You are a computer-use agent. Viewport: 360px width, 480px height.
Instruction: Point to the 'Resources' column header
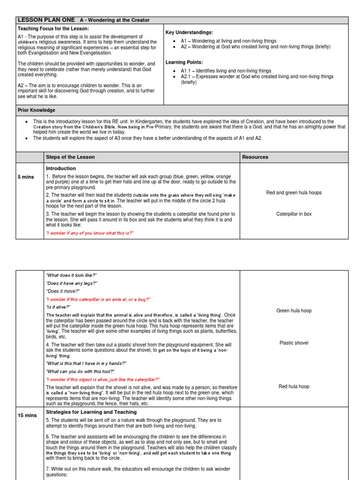(x=255, y=157)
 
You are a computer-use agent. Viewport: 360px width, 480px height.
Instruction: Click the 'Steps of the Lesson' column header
(x=70, y=157)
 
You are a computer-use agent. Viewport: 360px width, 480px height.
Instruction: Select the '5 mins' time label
(x=26, y=177)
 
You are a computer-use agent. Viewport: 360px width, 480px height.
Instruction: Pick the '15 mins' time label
(x=27, y=415)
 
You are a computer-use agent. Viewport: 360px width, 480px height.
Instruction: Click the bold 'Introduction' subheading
(x=61, y=168)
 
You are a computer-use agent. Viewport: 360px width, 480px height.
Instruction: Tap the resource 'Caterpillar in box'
(x=294, y=214)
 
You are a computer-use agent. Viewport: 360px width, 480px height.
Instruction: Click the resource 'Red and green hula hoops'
(x=294, y=193)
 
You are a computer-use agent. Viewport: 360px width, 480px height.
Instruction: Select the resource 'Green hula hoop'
(x=294, y=311)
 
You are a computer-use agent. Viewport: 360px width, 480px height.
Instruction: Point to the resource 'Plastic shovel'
(x=294, y=343)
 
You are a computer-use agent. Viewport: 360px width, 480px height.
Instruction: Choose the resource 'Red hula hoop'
(x=294, y=387)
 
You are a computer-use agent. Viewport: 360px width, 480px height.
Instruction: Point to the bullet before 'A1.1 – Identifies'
(x=174, y=71)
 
